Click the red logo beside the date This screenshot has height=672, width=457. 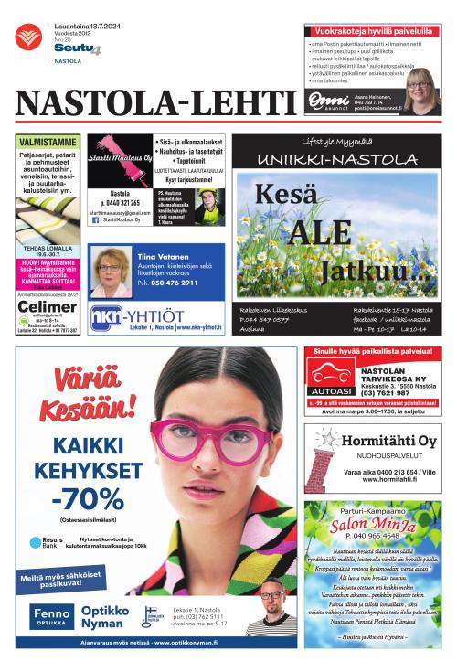click(28, 37)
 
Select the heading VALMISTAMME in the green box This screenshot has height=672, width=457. click(48, 144)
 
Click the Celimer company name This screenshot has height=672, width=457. click(48, 306)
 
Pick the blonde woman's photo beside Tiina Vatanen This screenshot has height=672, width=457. click(111, 272)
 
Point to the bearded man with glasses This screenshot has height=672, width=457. click(271, 607)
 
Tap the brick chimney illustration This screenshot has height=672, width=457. click(322, 466)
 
